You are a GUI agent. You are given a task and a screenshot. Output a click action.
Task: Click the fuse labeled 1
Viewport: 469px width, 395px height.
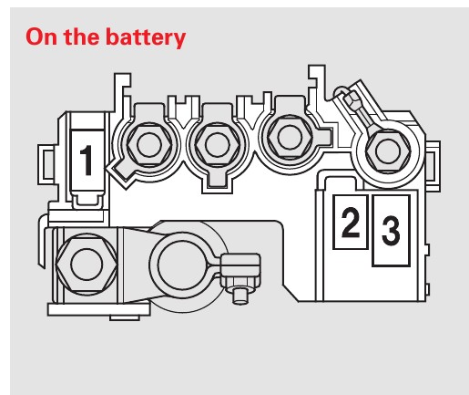pos(87,161)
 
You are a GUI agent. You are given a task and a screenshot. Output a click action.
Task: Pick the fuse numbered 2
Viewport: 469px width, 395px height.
pos(351,222)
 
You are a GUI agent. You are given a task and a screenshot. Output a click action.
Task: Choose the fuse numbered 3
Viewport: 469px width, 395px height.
pos(391,231)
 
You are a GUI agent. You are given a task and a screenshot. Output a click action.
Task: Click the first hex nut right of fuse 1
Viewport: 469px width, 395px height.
pos(148,145)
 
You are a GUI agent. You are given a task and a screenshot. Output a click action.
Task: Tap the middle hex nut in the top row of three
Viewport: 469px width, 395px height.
pos(217,145)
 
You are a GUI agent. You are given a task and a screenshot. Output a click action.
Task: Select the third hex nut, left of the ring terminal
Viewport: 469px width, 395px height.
pos(290,137)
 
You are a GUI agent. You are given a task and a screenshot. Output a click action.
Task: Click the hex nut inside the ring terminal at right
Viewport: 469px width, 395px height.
pos(388,151)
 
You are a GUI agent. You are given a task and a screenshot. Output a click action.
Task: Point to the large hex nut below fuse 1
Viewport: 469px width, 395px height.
pos(87,264)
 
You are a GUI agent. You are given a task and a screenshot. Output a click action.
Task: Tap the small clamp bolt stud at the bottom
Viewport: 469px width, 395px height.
pos(240,295)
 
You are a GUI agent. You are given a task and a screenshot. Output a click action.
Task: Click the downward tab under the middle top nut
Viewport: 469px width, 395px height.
pos(217,181)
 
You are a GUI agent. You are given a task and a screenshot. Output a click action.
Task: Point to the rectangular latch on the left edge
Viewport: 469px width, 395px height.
pos(47,165)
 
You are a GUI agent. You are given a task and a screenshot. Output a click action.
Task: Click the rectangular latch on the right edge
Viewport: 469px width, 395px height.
pos(433,166)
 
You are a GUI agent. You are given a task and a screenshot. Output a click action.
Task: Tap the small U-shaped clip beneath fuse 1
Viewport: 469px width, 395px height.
pos(88,202)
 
